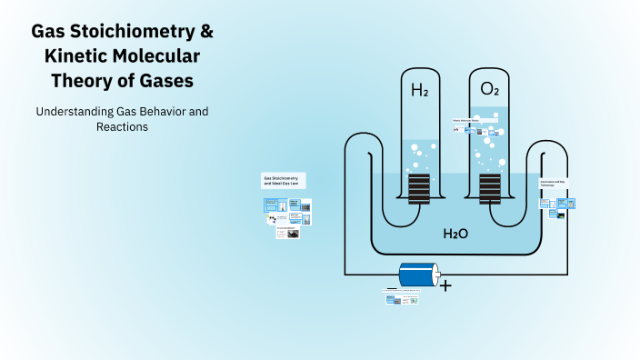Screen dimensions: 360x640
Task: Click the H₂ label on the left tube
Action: (x=419, y=90)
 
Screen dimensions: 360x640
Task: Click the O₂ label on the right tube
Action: (x=489, y=90)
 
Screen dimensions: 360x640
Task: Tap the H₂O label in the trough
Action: (x=455, y=234)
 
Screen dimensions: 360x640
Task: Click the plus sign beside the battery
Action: (x=445, y=285)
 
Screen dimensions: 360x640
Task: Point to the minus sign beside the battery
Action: (x=391, y=287)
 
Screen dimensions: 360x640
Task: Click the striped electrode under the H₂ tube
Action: (x=419, y=189)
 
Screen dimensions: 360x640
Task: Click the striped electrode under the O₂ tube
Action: (x=490, y=189)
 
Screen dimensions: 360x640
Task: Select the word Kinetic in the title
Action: (x=77, y=56)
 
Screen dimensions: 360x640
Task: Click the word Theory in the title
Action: (x=82, y=81)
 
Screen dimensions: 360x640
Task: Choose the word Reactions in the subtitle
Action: (x=122, y=127)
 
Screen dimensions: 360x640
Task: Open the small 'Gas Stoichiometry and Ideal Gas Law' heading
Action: (x=283, y=180)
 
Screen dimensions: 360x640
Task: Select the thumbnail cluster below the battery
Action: (x=403, y=297)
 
